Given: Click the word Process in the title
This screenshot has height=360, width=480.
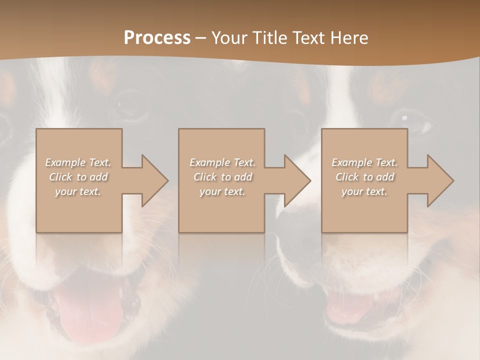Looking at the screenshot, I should (157, 38).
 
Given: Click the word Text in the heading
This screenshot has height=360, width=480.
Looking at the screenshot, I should (306, 38).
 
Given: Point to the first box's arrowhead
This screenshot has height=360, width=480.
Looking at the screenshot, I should (155, 180).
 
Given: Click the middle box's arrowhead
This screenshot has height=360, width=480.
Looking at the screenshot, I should (297, 180).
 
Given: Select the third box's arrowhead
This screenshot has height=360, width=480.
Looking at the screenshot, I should (440, 180).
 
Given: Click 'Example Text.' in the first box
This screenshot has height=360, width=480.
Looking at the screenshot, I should (78, 162).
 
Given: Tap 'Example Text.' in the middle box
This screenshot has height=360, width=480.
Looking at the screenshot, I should (222, 162).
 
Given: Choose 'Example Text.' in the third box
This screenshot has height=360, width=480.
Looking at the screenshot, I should (364, 162).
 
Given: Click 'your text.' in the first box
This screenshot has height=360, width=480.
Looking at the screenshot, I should (78, 191).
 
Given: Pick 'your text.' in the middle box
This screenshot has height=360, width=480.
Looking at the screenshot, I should (222, 191).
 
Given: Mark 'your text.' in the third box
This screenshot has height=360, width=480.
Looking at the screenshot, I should (364, 191).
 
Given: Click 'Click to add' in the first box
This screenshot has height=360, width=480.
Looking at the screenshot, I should (78, 177).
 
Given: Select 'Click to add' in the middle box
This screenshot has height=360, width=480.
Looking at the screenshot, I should (222, 177).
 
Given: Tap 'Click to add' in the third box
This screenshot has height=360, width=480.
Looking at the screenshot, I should (364, 177).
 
